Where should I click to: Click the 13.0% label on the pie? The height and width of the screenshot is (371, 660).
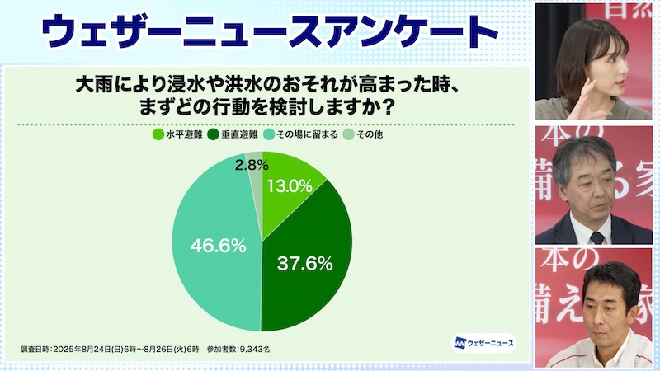[x=288, y=186]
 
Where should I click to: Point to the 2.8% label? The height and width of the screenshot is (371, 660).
[x=249, y=165]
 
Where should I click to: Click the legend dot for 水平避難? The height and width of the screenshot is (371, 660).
[x=158, y=134]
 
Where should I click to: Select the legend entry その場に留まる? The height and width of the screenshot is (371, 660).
[x=308, y=134]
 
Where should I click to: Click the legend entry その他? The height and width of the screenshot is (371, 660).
[x=370, y=134]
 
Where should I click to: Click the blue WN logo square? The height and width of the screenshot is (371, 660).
[x=460, y=342]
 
